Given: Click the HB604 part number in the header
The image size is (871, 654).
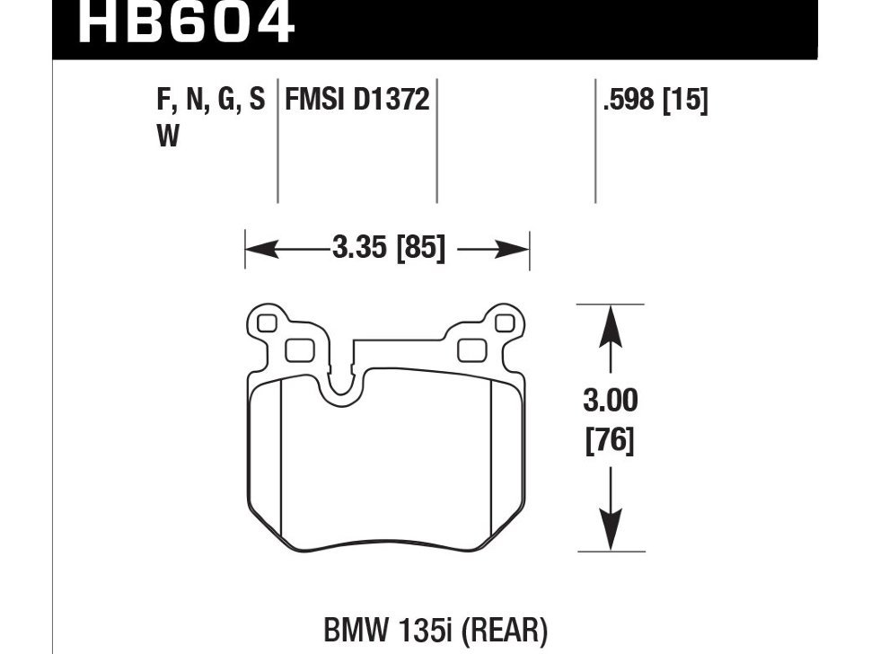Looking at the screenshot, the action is click(x=185, y=22).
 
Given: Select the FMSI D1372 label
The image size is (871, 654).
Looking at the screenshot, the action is click(x=357, y=100).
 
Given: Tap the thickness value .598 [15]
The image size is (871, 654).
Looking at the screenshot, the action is click(x=655, y=101).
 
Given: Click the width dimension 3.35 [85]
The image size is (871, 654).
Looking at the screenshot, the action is click(x=389, y=247).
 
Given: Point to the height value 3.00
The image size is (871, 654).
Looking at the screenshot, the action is click(x=611, y=401).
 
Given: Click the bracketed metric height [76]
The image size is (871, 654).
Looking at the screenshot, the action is click(x=610, y=440).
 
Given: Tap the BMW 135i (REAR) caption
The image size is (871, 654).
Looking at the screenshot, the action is click(x=435, y=631).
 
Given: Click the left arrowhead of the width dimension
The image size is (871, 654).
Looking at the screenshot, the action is click(x=261, y=250).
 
